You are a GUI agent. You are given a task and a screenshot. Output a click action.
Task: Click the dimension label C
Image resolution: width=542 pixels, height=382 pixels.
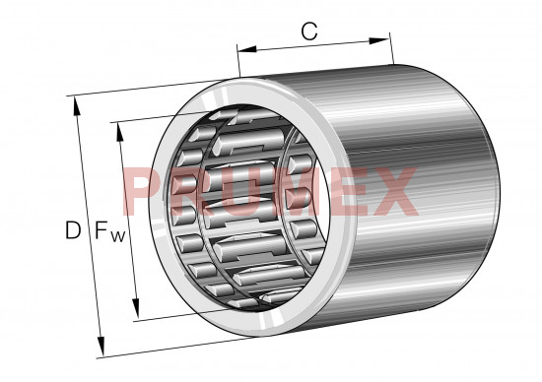click(x=309, y=32)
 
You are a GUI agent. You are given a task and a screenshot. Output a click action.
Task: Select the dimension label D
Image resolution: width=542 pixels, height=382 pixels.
click(x=73, y=230)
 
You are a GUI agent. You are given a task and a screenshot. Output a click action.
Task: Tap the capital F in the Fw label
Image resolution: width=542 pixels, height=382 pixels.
click(x=102, y=230)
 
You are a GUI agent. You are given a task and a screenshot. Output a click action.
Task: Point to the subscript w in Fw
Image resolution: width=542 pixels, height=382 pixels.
click(x=118, y=236)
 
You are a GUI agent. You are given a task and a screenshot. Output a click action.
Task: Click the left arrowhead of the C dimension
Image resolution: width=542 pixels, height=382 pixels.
click(x=246, y=49)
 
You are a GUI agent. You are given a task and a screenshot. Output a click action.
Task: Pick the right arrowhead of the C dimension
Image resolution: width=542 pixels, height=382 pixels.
click(x=379, y=40)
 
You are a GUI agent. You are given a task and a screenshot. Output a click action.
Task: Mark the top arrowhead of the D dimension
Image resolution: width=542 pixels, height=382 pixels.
click(x=77, y=106)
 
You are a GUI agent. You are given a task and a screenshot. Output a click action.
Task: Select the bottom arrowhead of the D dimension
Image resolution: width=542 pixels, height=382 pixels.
click(x=101, y=346)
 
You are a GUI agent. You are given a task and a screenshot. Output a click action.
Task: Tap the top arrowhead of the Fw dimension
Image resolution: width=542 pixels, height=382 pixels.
click(x=120, y=132)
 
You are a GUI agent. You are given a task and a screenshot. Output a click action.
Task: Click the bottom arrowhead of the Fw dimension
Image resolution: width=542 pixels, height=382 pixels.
click(x=136, y=308)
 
